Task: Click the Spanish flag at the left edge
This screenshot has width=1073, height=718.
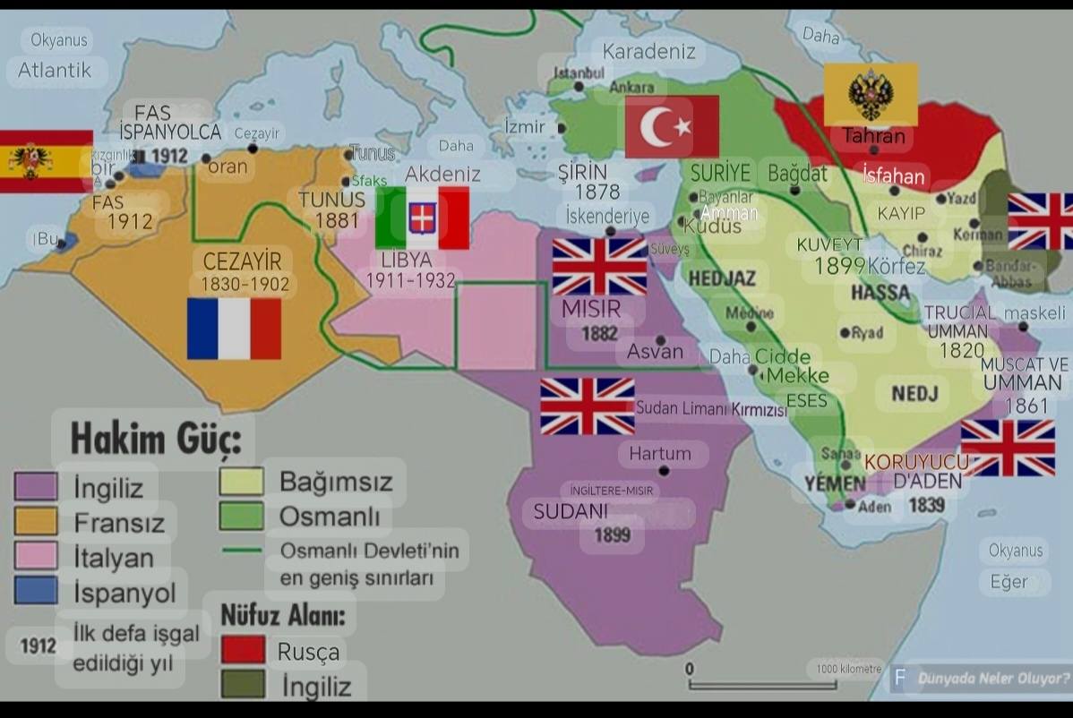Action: click(x=45, y=161)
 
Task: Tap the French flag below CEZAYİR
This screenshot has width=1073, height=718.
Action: click(x=234, y=329)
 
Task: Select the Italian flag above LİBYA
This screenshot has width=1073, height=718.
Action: click(x=422, y=218)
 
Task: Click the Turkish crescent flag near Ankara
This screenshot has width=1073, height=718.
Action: click(x=672, y=126)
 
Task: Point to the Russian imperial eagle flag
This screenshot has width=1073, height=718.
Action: click(x=870, y=93)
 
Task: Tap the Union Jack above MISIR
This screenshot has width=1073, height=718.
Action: click(x=599, y=267)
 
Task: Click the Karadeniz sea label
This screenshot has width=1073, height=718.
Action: click(x=648, y=52)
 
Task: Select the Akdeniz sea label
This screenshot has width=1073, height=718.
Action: click(x=442, y=174)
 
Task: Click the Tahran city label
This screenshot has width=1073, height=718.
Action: click(x=874, y=137)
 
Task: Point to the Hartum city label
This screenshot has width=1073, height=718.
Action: click(x=660, y=453)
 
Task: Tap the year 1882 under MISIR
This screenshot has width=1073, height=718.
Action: click(x=599, y=333)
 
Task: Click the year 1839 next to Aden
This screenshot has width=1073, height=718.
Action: click(x=926, y=505)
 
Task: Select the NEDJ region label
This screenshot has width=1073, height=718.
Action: click(x=914, y=393)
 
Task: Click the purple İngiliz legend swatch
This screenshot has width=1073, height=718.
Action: click(x=36, y=486)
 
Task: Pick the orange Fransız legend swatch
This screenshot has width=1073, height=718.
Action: click(x=36, y=521)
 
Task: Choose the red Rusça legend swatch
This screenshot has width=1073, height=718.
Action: click(x=243, y=649)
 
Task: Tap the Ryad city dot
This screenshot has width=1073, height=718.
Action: click(x=844, y=333)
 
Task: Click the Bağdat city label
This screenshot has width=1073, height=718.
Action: click(x=797, y=173)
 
